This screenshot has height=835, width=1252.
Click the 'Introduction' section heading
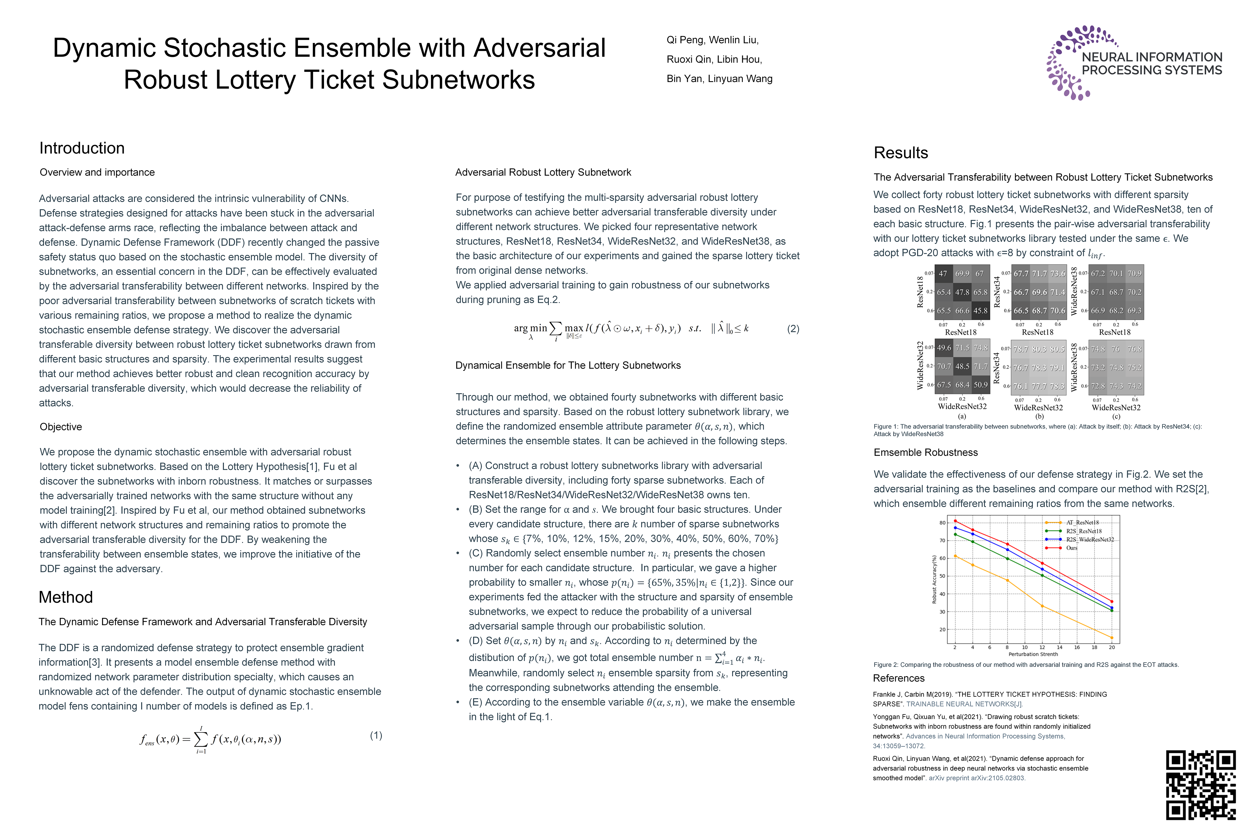pyautogui.click(x=82, y=148)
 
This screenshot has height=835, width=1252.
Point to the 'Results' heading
pyautogui.click(x=901, y=153)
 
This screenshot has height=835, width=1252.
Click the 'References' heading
pyautogui.click(x=898, y=678)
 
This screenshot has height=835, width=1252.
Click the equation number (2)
pyautogui.click(x=793, y=328)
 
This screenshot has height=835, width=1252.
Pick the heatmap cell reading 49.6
pyautogui.click(x=944, y=348)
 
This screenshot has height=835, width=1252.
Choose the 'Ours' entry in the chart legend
pyautogui.click(x=1071, y=548)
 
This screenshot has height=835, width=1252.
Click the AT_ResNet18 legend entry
pyautogui.click(x=1082, y=522)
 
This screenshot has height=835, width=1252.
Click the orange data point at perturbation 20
pyautogui.click(x=1111, y=638)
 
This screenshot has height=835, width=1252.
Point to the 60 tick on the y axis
pyautogui.click(x=942, y=558)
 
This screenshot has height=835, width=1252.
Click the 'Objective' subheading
pyautogui.click(x=61, y=426)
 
